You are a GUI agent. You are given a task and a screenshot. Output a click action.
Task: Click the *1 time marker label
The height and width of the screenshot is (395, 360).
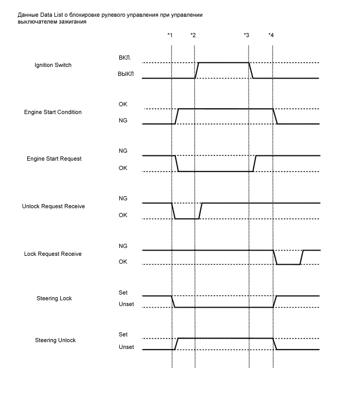[169, 35]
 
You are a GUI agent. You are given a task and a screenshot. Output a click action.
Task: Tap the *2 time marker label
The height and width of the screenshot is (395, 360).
[193, 35]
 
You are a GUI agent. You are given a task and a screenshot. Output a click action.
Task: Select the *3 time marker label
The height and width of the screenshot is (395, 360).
[246, 35]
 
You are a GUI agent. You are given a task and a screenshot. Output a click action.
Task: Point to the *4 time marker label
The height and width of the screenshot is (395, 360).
[271, 35]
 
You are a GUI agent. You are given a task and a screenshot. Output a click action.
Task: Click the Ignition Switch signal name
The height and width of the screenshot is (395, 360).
[53, 65]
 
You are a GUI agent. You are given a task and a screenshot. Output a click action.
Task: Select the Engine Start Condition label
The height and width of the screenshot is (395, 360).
[53, 112]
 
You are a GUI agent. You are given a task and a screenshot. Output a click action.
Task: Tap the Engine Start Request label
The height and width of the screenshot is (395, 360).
[54, 159]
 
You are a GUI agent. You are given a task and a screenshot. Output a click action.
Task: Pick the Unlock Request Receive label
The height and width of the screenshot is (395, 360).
[54, 206]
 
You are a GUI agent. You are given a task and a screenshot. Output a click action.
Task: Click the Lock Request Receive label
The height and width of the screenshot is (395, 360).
[53, 254]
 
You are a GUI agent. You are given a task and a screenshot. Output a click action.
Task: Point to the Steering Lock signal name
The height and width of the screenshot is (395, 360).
[54, 298]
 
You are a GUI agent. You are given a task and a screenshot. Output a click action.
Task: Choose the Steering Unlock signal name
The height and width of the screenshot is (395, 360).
[55, 340]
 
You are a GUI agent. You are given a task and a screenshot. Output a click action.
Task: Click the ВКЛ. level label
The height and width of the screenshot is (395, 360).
[126, 58]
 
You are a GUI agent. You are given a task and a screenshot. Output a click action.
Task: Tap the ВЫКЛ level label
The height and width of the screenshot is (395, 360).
[126, 74]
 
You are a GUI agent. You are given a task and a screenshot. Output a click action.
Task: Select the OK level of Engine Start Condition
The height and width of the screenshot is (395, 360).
[122, 104]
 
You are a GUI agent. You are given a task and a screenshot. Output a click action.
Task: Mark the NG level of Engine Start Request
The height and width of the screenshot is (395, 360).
[123, 151]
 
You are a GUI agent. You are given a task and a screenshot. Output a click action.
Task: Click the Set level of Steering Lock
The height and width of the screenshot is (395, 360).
[123, 292]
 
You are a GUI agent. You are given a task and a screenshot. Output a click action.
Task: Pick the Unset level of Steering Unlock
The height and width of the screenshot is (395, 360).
[126, 347]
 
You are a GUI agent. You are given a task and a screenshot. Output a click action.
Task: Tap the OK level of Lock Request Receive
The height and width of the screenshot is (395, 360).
[122, 262]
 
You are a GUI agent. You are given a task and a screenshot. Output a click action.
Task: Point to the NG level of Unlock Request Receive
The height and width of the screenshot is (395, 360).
[123, 198]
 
